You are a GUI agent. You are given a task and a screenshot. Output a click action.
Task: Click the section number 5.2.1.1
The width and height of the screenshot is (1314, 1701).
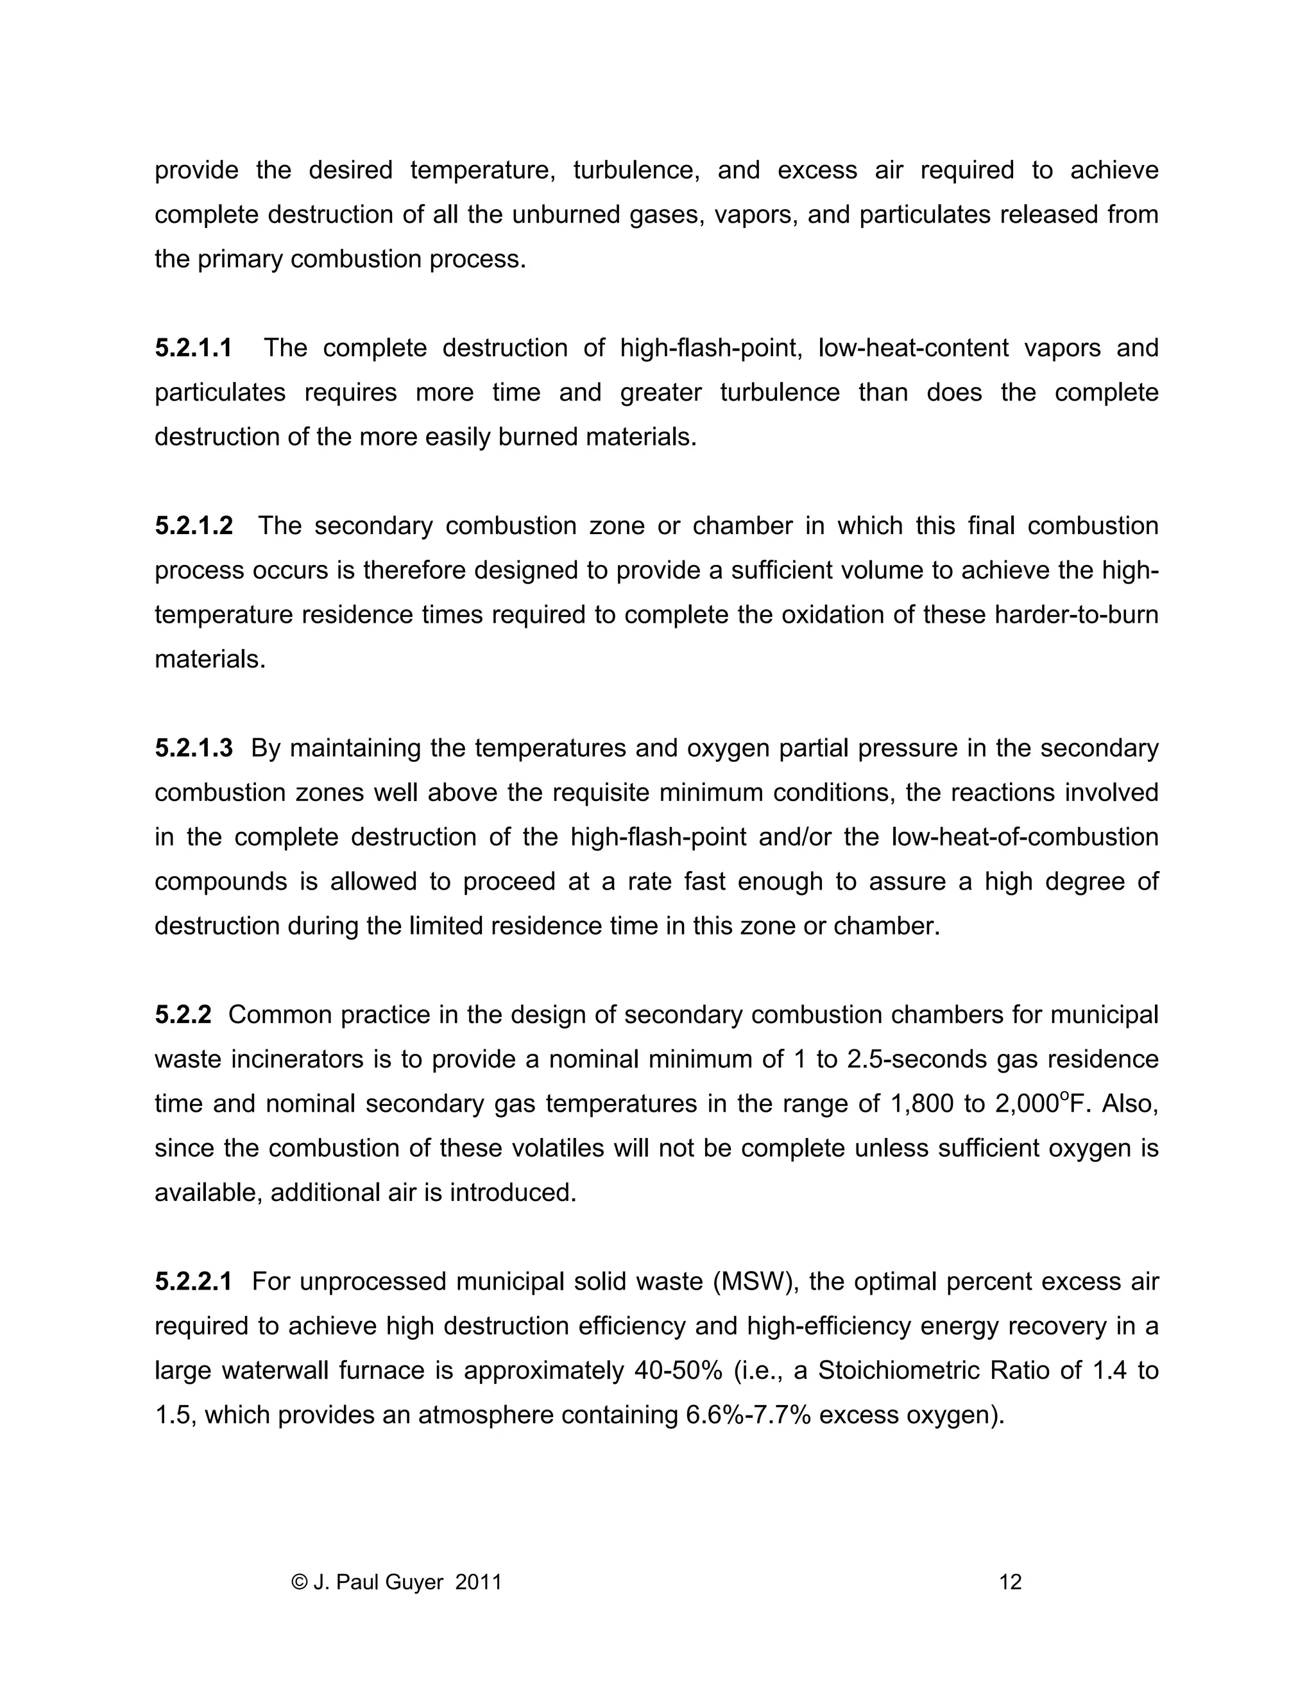(193, 347)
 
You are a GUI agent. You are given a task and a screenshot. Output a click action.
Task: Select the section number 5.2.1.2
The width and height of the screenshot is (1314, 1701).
(193, 526)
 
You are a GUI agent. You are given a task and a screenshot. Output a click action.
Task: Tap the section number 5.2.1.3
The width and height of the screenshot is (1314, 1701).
(193, 748)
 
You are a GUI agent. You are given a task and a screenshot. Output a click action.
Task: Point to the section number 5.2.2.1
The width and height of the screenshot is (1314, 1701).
(193, 1281)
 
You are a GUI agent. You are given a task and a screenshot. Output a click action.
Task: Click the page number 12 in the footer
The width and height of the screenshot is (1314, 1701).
(1010, 1582)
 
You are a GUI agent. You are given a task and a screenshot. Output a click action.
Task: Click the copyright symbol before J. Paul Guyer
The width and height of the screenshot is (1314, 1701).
(299, 1582)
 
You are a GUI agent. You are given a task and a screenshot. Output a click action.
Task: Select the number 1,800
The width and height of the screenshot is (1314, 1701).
(920, 1103)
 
